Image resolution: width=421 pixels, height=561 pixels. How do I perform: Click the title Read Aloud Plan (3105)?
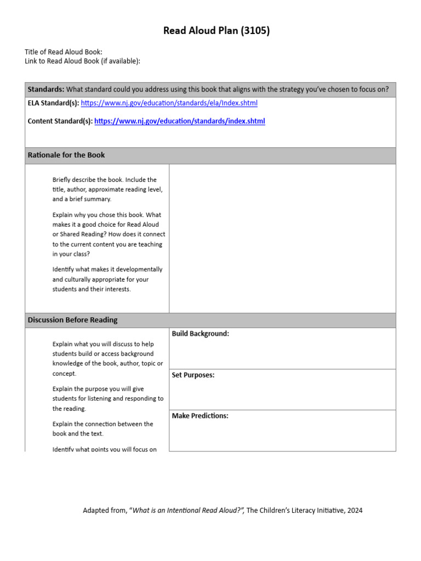pos(217,31)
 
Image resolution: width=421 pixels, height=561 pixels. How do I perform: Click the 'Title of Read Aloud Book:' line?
pos(64,52)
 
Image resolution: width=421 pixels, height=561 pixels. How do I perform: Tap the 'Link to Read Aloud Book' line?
pos(82,61)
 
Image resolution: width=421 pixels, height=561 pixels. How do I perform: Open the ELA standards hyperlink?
pos(169,103)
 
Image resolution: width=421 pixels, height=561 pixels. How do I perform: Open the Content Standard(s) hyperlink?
pos(180,121)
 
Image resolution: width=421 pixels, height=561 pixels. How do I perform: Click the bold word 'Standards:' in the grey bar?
pos(46,89)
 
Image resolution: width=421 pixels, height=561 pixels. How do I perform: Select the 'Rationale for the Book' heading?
pos(66,155)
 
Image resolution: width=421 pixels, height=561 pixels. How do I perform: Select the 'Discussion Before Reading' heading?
pos(72,320)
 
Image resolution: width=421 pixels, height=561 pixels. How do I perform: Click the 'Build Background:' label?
pos(200,334)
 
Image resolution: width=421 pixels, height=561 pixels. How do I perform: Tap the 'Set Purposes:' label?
pos(193,375)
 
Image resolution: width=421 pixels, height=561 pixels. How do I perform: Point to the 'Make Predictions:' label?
pos(200,416)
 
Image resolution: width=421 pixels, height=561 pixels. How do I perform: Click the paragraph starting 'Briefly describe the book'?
pos(107,190)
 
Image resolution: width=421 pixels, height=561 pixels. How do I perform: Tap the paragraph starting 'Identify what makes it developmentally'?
pos(107,279)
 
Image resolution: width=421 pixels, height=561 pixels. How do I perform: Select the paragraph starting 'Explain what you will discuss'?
pos(107,359)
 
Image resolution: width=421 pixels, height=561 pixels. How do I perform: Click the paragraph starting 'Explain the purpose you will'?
pos(107,399)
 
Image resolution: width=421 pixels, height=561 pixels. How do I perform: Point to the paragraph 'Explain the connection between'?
pos(103,429)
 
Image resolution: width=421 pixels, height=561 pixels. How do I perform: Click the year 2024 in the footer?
pos(355,511)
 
